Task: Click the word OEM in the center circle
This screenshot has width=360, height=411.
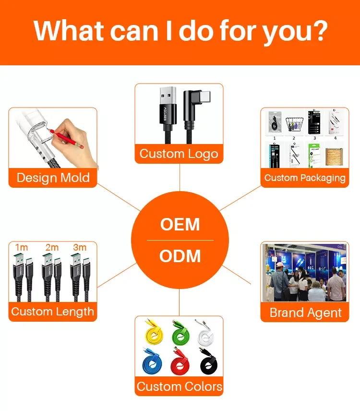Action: (180, 224)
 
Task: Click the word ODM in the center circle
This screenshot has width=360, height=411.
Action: (180, 256)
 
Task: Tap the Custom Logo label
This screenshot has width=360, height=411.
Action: (179, 154)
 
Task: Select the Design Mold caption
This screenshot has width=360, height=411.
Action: (53, 178)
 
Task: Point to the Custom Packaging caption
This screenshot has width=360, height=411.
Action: (305, 178)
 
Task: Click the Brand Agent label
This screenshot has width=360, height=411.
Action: (305, 313)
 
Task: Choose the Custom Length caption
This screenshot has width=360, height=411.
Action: (53, 311)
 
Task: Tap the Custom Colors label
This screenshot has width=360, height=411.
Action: (180, 387)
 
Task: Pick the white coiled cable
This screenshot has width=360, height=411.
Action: (207, 334)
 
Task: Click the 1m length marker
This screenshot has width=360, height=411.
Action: (22, 247)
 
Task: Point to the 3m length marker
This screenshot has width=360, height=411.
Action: (80, 247)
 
